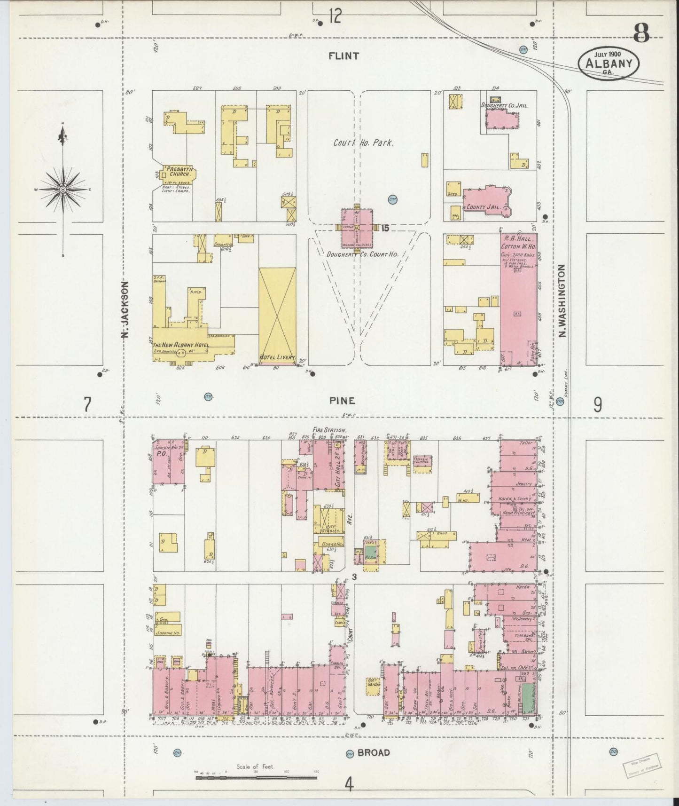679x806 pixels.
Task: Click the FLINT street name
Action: point(343,56)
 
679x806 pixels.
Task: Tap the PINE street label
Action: point(342,400)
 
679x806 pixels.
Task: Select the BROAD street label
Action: point(374,752)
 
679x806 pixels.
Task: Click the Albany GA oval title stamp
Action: point(609,63)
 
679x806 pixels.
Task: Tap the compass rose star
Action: point(62,189)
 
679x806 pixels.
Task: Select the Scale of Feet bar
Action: point(256,777)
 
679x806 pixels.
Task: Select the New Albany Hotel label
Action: point(180,346)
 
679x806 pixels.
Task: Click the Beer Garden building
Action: point(374,686)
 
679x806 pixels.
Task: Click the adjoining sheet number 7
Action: point(87,404)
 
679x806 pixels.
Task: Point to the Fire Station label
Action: point(329,430)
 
